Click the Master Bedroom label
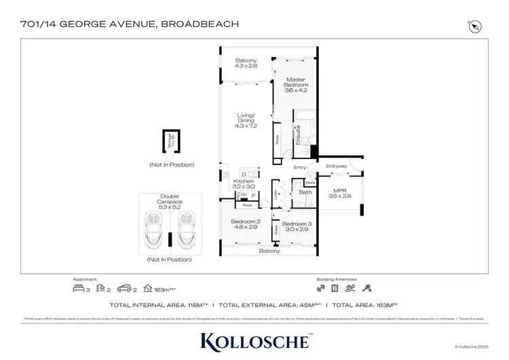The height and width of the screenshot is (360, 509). [296, 84]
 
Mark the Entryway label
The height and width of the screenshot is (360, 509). [336, 166]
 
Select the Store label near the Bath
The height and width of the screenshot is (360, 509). [310, 183]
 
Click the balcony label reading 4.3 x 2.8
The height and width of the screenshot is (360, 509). [245, 63]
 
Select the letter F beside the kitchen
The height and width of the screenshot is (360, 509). [254, 196]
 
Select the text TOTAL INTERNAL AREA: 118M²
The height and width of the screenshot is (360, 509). [161, 306]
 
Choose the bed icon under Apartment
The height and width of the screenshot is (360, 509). [80, 289]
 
